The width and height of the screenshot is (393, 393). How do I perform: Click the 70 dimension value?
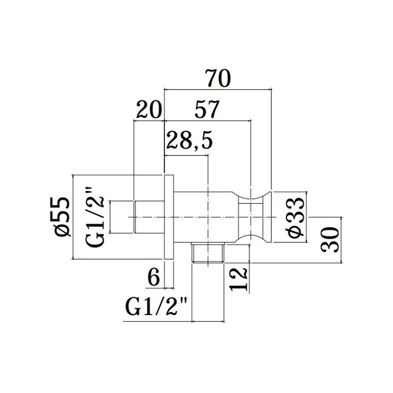coord(218,78)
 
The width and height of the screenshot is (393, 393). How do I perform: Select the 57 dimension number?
coord(207,109)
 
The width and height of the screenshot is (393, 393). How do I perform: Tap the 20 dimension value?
coord(149,109)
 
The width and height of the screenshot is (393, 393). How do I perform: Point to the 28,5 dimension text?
coord(189,140)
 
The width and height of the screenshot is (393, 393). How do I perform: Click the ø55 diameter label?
coord(62,217)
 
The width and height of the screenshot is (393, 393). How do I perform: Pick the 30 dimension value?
coord(330,240)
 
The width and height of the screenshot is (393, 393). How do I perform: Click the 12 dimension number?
coord(239,279)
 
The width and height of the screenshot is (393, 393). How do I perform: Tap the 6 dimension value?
coord(153,277)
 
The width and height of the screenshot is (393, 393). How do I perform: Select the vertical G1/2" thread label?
coord(95,217)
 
